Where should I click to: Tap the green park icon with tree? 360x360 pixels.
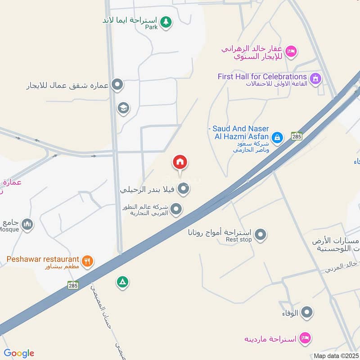pyautogui.click(x=166, y=22)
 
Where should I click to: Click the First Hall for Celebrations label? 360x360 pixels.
pyautogui.click(x=262, y=76)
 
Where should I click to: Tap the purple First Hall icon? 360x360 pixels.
pyautogui.click(x=316, y=78)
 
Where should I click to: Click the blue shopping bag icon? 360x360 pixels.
pyautogui.click(x=278, y=136)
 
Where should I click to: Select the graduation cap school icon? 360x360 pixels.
pyautogui.click(x=122, y=108)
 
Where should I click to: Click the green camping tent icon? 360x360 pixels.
pyautogui.click(x=122, y=282)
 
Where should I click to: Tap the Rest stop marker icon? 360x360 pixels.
pyautogui.click(x=261, y=234)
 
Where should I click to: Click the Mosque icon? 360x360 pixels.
pyautogui.click(x=27, y=224)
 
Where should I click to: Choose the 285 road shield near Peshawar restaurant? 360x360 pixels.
pyautogui.click(x=73, y=285)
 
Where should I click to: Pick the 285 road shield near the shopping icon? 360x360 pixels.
pyautogui.click(x=296, y=136)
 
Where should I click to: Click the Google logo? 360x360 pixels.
pyautogui.click(x=19, y=353)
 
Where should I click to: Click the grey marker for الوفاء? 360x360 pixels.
pyautogui.click(x=307, y=312)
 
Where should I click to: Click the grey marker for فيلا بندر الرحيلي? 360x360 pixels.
pyautogui.click(x=183, y=189)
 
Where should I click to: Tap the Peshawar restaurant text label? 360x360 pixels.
pyautogui.click(x=43, y=260)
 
